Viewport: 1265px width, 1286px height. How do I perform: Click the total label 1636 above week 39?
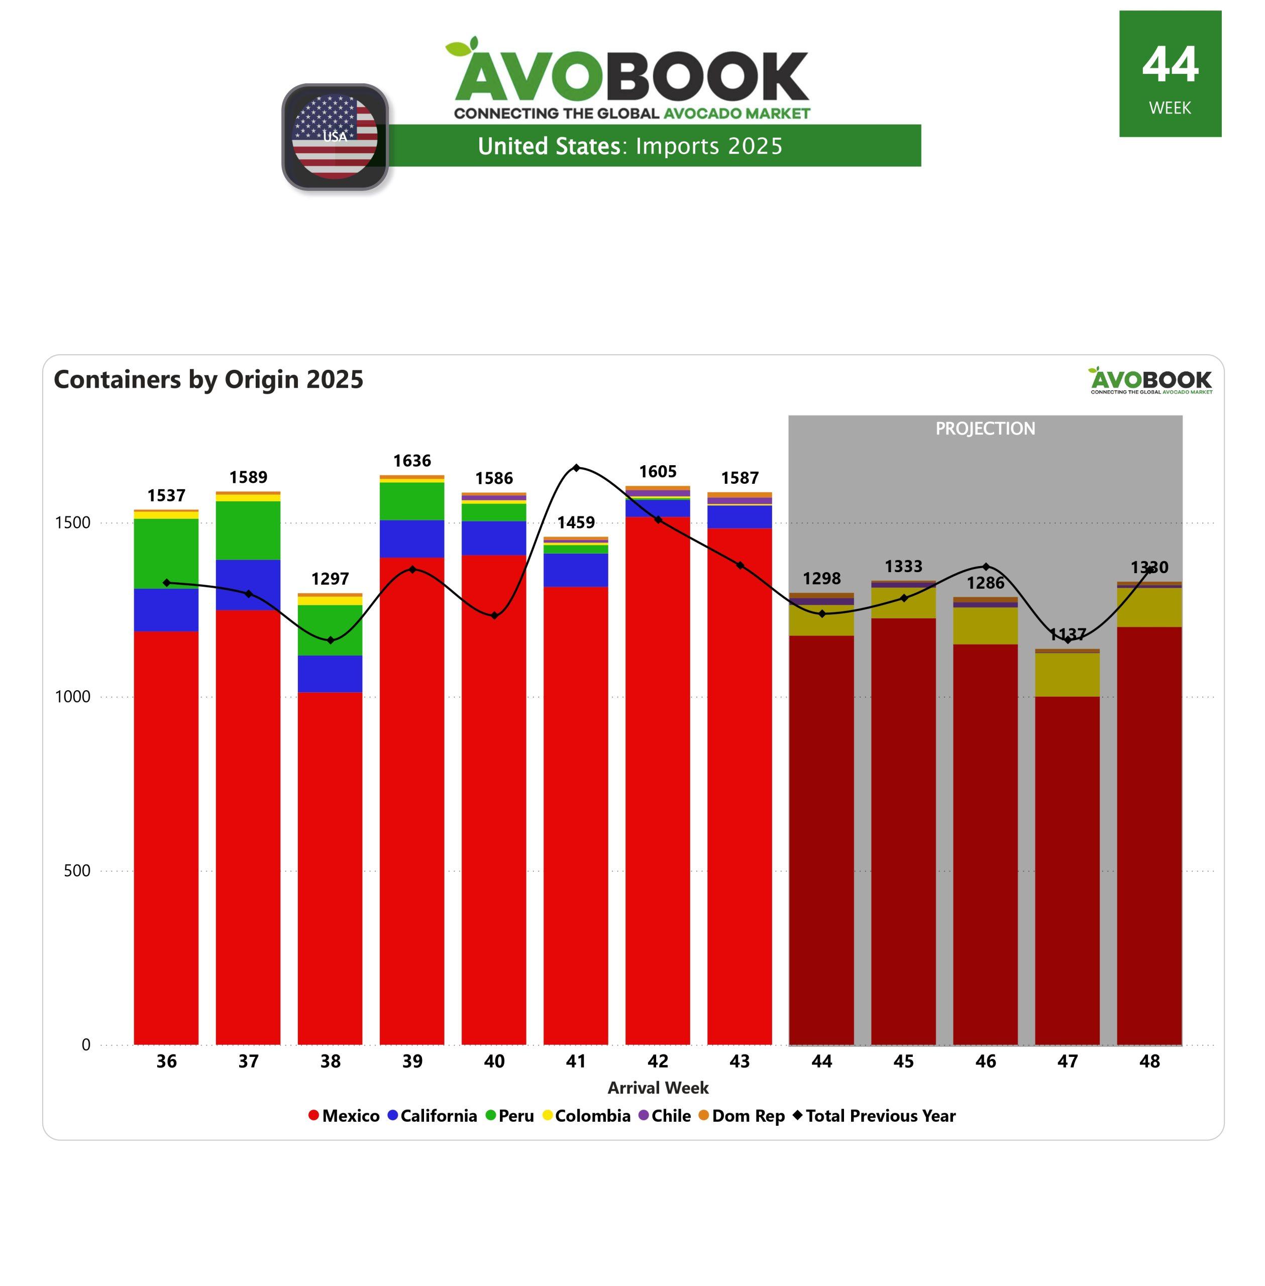(x=412, y=461)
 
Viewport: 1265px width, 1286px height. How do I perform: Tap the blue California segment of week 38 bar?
(x=330, y=674)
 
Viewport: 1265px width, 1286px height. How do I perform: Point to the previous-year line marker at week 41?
(x=576, y=468)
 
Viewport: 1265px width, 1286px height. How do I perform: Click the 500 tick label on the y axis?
(x=77, y=871)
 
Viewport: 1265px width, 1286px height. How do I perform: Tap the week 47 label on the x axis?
(x=1068, y=1061)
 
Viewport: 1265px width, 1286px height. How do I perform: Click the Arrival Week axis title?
(x=658, y=1088)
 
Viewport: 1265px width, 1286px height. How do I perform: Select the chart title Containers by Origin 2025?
(x=208, y=379)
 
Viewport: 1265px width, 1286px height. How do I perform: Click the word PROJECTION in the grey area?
(x=985, y=428)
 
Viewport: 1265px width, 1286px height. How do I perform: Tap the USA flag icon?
(x=335, y=136)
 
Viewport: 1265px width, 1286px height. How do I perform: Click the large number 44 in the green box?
(x=1170, y=65)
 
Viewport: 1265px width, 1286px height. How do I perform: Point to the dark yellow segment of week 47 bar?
(x=1068, y=674)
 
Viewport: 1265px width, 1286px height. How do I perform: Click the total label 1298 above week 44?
(x=822, y=579)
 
